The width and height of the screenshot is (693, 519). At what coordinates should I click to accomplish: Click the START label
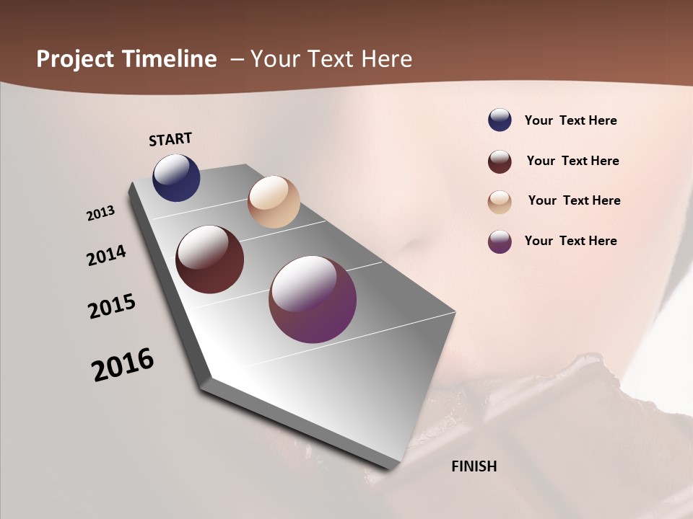tap(170, 139)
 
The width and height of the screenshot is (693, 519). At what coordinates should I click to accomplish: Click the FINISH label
tap(474, 466)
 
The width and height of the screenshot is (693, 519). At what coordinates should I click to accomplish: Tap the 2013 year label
tap(101, 213)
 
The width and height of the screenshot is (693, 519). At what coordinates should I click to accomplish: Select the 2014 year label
tap(107, 255)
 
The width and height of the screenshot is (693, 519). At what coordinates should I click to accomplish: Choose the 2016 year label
tap(123, 365)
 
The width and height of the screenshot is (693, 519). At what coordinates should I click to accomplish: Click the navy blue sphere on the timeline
tap(176, 177)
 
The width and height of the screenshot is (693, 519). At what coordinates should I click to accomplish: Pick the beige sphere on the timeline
tap(274, 202)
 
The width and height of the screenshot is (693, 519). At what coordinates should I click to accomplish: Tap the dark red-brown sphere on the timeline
tap(209, 259)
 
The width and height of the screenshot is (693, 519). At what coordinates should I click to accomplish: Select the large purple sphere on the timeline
tap(313, 299)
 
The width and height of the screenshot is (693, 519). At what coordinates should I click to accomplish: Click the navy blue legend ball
tap(500, 120)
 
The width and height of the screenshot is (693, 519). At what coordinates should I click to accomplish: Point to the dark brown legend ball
tap(500, 161)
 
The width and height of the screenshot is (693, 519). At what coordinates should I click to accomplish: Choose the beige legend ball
tap(500, 202)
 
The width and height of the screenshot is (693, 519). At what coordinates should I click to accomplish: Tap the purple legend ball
tap(500, 241)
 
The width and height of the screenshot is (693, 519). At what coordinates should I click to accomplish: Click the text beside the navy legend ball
tap(571, 120)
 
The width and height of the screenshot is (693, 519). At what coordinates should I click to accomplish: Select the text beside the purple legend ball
tap(571, 241)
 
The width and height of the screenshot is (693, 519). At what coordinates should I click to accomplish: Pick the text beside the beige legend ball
tap(575, 200)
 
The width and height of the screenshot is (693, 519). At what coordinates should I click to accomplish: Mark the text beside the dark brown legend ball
tap(573, 161)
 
